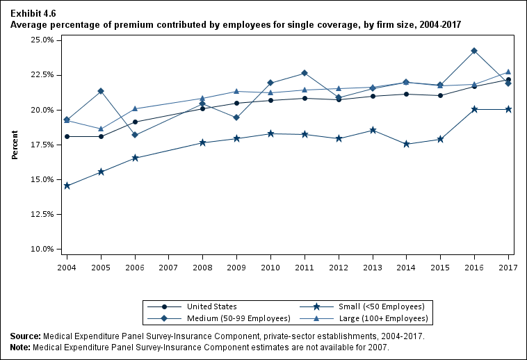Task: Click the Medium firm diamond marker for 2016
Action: coord(474,51)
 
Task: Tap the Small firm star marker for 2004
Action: coord(67,186)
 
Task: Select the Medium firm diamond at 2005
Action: coord(101,91)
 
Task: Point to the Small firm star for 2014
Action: coord(407,144)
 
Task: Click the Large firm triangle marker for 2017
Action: coord(508,72)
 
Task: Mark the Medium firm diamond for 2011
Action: coord(305,73)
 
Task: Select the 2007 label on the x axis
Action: coord(168,267)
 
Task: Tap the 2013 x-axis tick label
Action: coord(372,267)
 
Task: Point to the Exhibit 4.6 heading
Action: coord(33,14)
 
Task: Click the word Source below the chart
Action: coord(25,336)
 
